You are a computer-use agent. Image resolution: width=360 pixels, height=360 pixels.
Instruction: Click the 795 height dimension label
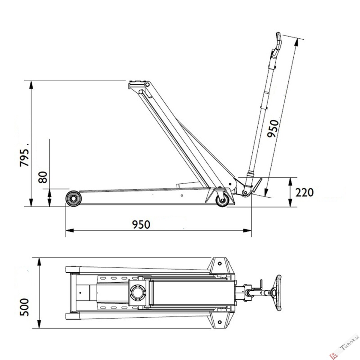coord(25,157)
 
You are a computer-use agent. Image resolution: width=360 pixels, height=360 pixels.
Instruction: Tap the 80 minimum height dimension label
coord(43,177)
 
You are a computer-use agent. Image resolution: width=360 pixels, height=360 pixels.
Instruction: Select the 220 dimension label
coord(304,193)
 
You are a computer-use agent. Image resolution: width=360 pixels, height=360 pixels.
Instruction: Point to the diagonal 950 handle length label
coord(273,129)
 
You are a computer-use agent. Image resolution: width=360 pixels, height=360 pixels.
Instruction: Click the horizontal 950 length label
coord(141,225)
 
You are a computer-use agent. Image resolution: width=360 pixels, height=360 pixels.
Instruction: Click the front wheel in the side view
coord(73,199)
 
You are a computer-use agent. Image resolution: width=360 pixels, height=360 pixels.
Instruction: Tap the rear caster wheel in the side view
coord(222,200)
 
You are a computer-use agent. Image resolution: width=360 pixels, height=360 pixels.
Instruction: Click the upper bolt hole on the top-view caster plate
coord(220,263)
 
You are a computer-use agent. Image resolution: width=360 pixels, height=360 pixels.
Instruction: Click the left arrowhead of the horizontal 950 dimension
coord(70,230)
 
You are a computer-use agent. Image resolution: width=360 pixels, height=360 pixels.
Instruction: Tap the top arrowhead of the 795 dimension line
coord(31,85)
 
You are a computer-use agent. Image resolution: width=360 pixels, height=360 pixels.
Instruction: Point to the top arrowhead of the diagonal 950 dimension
coord(296,42)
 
